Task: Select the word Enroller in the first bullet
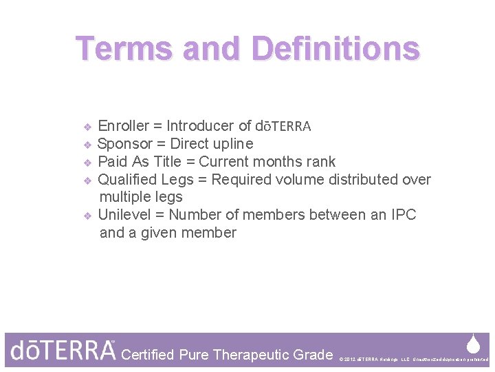124,126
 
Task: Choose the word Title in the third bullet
164,162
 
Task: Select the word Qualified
126,180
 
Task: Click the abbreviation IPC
403,215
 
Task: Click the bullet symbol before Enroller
87,127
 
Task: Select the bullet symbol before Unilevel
87,216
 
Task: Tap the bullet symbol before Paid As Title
87,163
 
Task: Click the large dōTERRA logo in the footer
63,351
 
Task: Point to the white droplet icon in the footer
473,343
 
